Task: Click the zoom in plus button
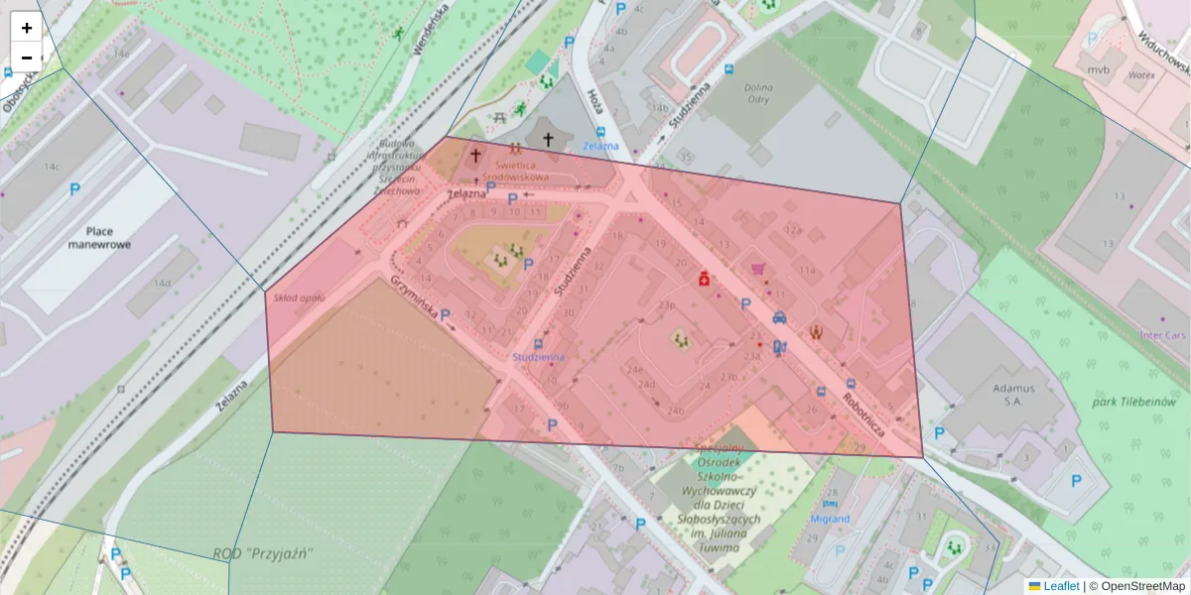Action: [x=27, y=28]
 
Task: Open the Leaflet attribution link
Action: [x=1060, y=586]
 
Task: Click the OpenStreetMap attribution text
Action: [x=1142, y=586]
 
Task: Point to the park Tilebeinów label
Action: [x=1131, y=403]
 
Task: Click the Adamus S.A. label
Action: [x=1005, y=395]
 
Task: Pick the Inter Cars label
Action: [x=1163, y=335]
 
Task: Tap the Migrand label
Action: [x=830, y=519]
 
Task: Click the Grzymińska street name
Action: [x=415, y=296]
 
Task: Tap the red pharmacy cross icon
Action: [x=704, y=280]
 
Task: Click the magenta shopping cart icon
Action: [x=759, y=269]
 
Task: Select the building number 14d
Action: [x=162, y=284]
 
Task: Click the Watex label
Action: [x=1137, y=74]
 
